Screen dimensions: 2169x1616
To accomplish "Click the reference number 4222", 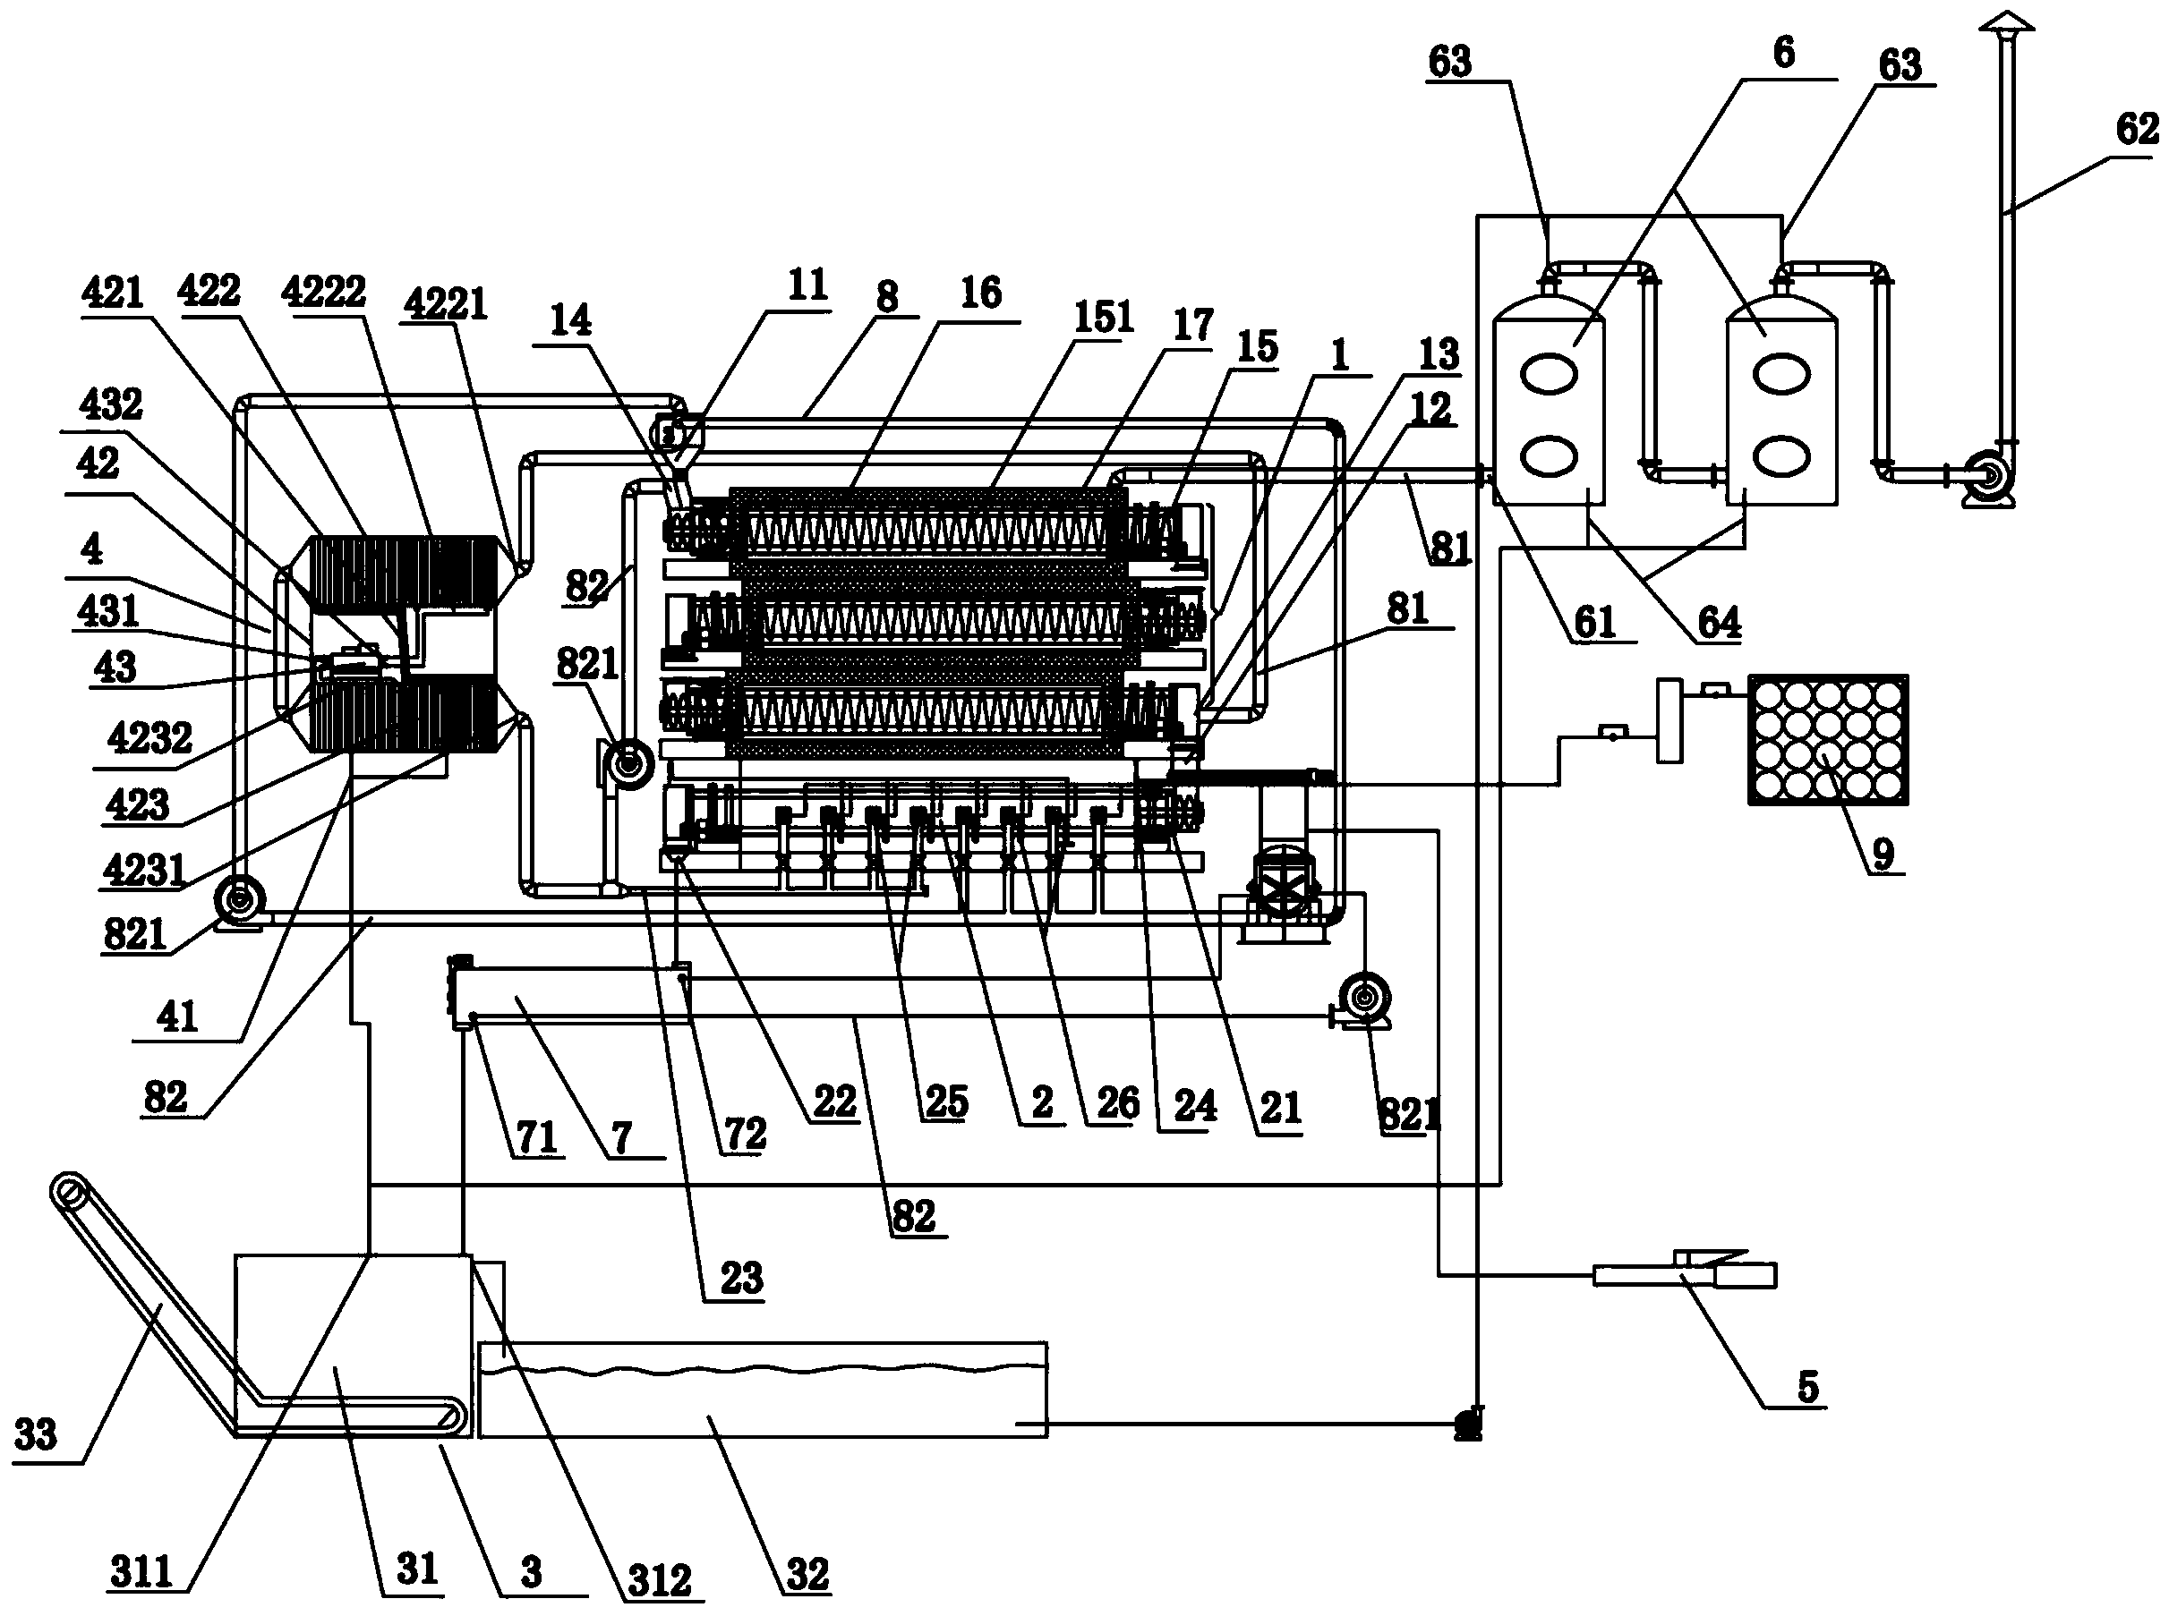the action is click(x=323, y=292).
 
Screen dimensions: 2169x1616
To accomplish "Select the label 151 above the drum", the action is click(x=1104, y=317).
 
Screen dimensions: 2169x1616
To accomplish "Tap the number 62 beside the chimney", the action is click(x=2137, y=129).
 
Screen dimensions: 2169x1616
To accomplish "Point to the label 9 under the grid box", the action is click(x=1883, y=853).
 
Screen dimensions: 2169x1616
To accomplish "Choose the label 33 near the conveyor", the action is click(x=36, y=1434).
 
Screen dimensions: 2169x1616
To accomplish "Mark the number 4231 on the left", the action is click(x=144, y=869).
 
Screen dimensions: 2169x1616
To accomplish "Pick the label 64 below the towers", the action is click(x=1719, y=622).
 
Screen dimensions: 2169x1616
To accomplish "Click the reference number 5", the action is click(x=1807, y=1386).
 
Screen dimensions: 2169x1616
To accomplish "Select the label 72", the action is click(x=745, y=1134).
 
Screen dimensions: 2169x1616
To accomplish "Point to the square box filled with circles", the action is click(x=1828, y=739).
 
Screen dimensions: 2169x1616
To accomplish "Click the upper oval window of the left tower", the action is click(x=1550, y=374).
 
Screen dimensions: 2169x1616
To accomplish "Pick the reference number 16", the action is click(x=980, y=293).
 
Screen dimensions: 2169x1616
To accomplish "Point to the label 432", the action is click(x=112, y=404).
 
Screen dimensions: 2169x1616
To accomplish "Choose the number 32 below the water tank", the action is click(x=807, y=1574).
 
